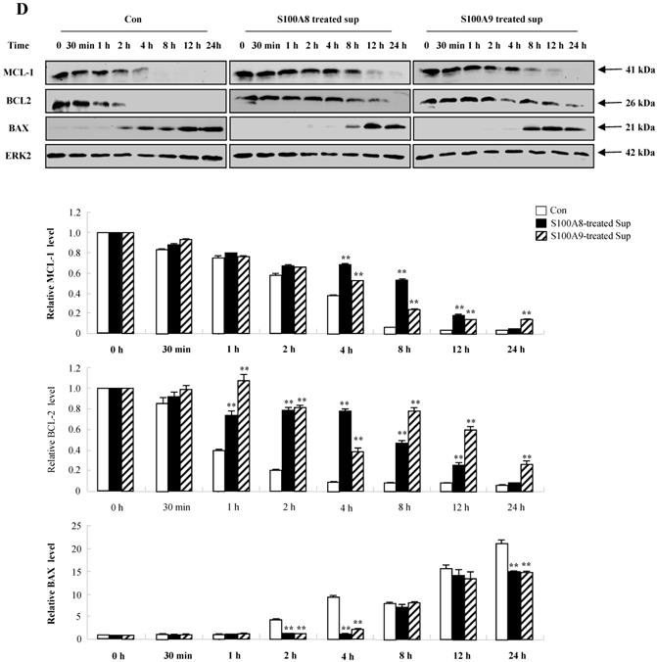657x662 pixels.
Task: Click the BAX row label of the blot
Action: click(21, 125)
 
